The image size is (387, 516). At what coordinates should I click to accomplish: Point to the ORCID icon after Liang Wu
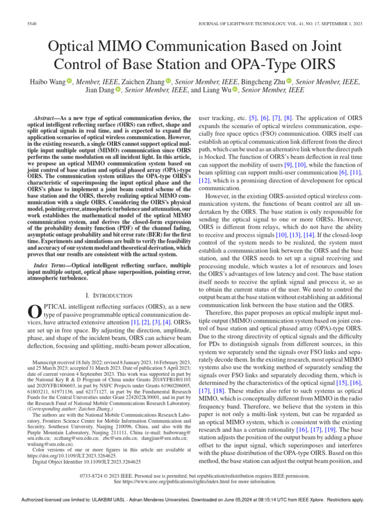[x=235, y=91]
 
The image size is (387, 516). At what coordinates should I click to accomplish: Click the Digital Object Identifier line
[x=86, y=461]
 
